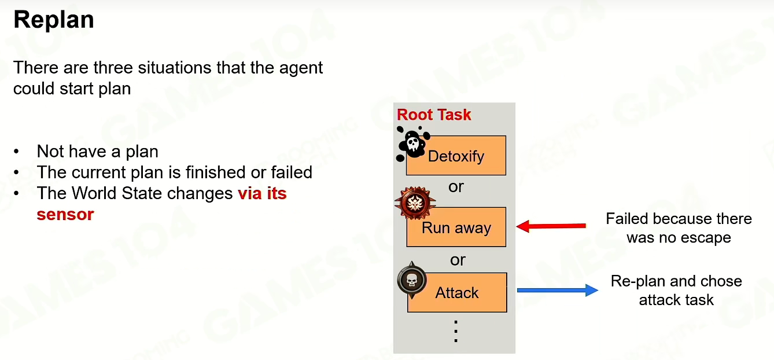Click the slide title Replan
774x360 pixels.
[54, 20]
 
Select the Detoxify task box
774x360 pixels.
[456, 156]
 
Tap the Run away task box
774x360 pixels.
[456, 227]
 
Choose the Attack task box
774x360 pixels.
[457, 292]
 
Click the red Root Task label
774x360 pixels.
[434, 115]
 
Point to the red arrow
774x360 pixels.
[551, 226]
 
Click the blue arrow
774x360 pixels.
[557, 290]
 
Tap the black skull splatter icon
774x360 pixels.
[413, 144]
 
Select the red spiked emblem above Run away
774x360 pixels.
[415, 203]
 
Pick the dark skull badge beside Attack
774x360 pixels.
[411, 280]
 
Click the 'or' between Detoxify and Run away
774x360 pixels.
[456, 188]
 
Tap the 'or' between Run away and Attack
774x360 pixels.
[458, 260]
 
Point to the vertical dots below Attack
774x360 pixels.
[456, 331]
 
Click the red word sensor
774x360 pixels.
[65, 215]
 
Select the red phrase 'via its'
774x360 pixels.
[262, 193]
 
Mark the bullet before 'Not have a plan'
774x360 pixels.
[16, 152]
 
